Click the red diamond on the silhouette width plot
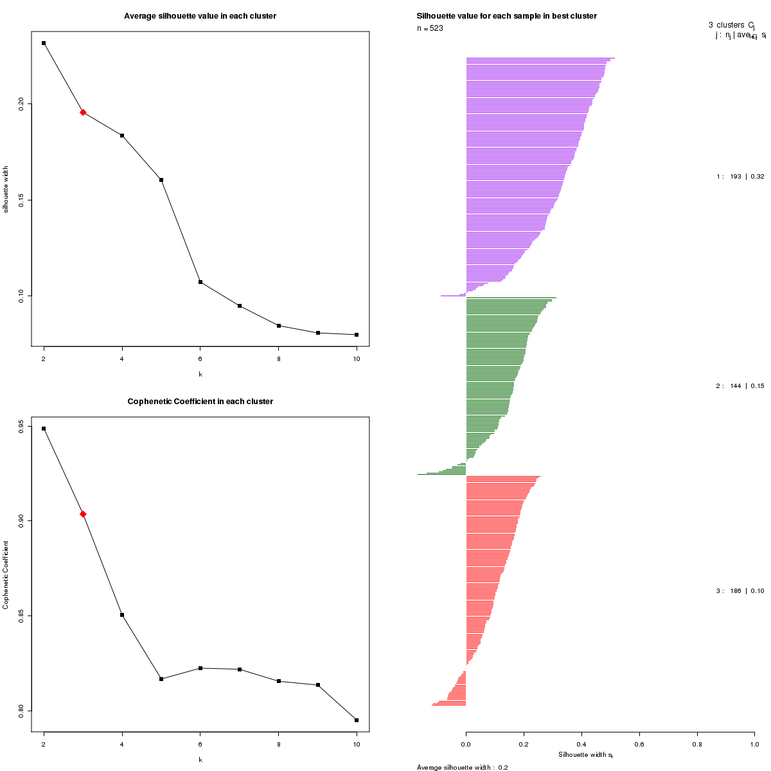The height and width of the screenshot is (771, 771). coord(83,112)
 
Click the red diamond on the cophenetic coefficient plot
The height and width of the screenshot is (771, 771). coord(83,514)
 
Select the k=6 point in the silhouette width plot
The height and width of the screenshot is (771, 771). coord(200,282)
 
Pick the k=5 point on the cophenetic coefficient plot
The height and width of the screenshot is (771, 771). coord(161,679)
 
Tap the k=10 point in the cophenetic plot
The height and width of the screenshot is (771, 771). coord(357,720)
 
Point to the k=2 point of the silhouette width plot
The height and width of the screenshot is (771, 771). coord(44,43)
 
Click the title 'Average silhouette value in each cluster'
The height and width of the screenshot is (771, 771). coord(200,16)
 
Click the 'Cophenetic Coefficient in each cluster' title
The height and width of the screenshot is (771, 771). coord(200,402)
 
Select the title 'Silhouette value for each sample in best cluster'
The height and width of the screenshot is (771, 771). coord(506,16)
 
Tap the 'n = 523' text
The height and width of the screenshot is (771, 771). coord(430,28)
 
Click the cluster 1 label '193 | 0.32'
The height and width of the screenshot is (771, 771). coord(740,177)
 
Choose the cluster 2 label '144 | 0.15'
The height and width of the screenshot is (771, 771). coord(740,386)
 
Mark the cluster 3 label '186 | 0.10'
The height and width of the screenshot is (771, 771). coord(740,591)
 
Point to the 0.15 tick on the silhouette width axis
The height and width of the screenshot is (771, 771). coord(21,200)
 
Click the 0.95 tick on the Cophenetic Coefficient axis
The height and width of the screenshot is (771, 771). coord(21,425)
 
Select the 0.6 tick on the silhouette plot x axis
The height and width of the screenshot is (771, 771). coord(639,744)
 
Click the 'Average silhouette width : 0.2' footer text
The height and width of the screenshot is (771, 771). coord(462,767)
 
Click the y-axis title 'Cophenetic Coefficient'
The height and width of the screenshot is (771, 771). coord(6,574)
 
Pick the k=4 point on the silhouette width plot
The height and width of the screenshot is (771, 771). coord(122,136)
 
